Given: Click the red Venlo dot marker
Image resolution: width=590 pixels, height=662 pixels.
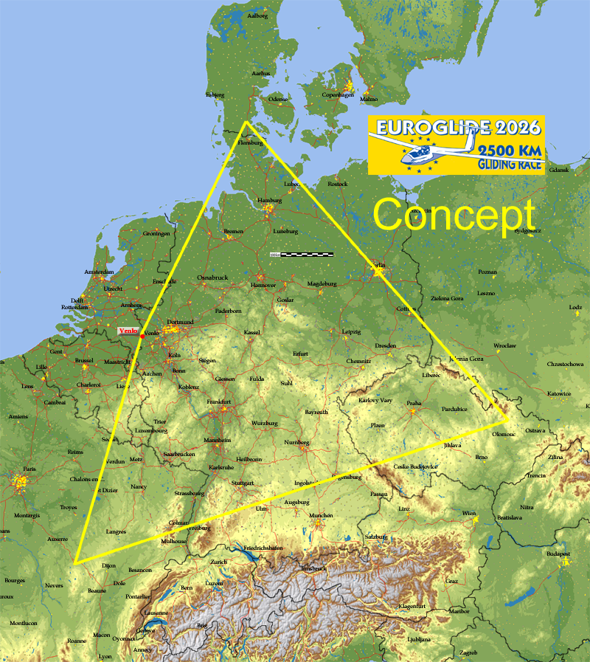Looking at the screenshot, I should pyautogui.click(x=142, y=337).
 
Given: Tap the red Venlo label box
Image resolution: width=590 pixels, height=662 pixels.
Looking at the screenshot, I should pyautogui.click(x=128, y=332).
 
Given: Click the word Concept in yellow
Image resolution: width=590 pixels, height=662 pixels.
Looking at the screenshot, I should pyautogui.click(x=454, y=216).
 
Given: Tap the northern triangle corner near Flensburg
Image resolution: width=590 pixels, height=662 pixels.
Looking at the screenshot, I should pyautogui.click(x=246, y=122).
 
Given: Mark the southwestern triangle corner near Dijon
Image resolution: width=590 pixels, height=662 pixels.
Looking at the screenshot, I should pyautogui.click(x=75, y=562).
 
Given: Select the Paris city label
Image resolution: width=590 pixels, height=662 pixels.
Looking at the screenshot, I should pyautogui.click(x=29, y=469).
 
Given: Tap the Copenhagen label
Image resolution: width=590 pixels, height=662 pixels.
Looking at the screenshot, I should pyautogui.click(x=338, y=94).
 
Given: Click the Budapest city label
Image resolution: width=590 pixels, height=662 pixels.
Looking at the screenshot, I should pyautogui.click(x=559, y=554).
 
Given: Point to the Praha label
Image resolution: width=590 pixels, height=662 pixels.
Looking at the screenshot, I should pyautogui.click(x=414, y=404).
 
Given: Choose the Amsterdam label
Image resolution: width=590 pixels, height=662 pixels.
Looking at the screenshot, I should pyautogui.click(x=100, y=272).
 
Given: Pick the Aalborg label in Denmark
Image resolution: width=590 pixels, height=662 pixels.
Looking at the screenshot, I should pyautogui.click(x=257, y=15).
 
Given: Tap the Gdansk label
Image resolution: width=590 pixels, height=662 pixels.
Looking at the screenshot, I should pyautogui.click(x=559, y=170).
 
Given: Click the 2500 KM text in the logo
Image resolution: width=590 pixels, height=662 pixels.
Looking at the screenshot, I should pyautogui.click(x=510, y=151).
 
